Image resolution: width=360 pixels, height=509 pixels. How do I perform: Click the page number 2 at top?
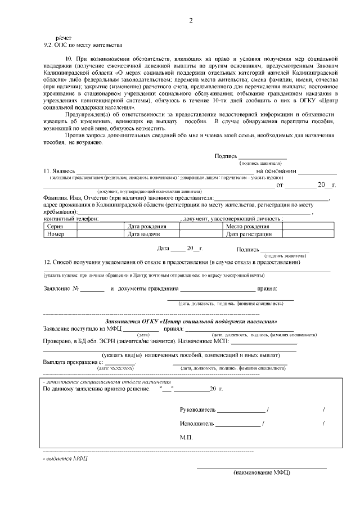click(191, 21)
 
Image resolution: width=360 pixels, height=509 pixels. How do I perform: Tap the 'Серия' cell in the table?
click(55, 226)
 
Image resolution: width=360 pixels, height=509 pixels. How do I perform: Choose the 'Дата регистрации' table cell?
click(249, 234)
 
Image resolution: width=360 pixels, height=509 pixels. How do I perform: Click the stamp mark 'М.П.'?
click(187, 437)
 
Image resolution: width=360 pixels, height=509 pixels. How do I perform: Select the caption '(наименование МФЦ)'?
click(262, 472)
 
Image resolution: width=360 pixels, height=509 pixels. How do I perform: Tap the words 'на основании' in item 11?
click(276, 171)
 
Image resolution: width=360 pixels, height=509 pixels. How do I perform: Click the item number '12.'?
click(48, 262)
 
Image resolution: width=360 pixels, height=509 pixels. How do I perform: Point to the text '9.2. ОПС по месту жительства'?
click(83, 44)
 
